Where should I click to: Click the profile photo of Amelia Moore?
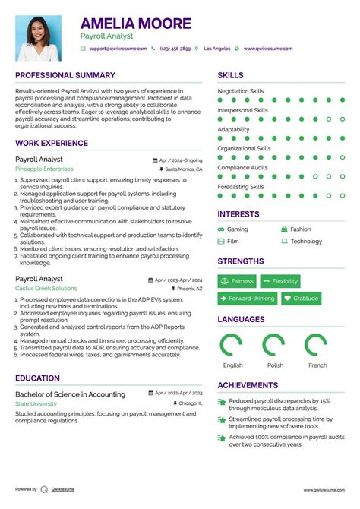pos(38,38)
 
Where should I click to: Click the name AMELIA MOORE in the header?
pos(136,24)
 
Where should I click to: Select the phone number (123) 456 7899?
pos(175,49)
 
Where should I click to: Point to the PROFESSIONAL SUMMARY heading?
pos(65,75)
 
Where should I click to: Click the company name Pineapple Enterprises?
pos(44,169)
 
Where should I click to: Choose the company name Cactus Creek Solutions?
pos(46,289)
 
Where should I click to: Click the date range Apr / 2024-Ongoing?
pos(182,160)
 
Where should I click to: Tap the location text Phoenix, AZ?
pos(190,289)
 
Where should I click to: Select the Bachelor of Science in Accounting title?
pos(70,394)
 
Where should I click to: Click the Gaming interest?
pos(237,229)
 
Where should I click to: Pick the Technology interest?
pos(306,242)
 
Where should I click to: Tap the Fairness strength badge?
pos(237,281)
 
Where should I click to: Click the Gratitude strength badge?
pos(301,299)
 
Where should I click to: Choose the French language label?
pos(317,365)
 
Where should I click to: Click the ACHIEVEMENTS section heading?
pos(248,385)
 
